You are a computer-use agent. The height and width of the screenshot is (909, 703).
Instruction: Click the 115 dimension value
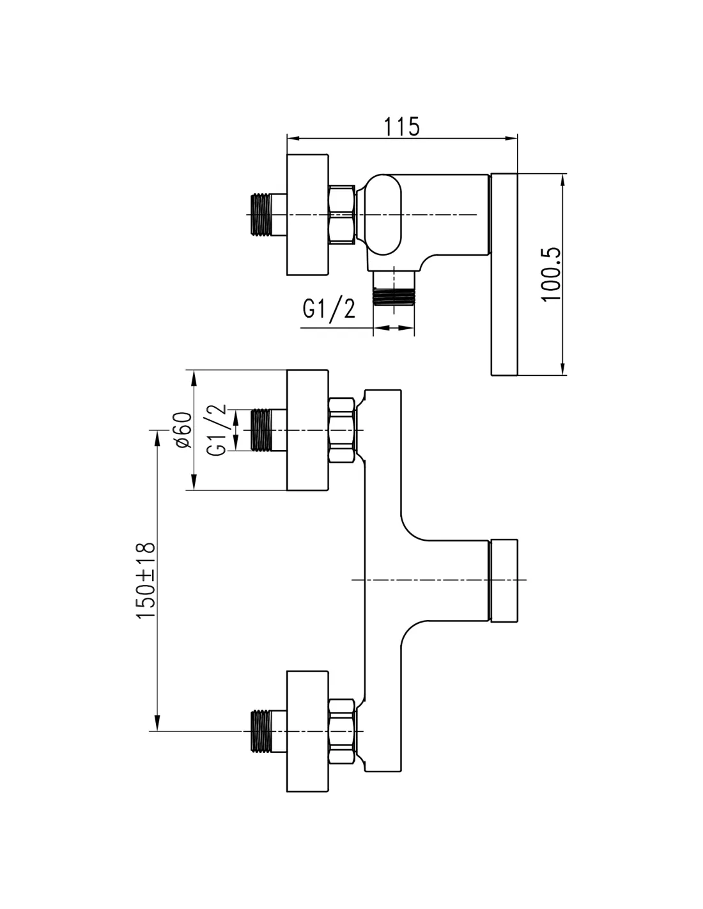402,126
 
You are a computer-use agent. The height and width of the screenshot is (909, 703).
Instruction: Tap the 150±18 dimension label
146,580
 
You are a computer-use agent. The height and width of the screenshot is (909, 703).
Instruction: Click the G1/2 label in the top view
328,310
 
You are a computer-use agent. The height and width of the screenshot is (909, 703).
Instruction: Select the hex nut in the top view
341,215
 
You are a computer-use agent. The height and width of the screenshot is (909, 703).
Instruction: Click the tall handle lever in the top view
504,274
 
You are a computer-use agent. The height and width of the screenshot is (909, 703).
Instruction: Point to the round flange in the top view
307,215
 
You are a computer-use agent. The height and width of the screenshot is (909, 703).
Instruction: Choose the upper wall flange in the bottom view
307,430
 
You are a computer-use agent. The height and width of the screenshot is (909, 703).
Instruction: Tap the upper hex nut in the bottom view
341,430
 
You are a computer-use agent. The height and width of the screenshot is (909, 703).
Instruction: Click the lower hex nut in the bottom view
341,730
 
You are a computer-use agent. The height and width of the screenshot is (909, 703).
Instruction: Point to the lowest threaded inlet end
262,730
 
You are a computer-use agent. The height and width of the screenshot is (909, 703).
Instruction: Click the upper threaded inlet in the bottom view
263,430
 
